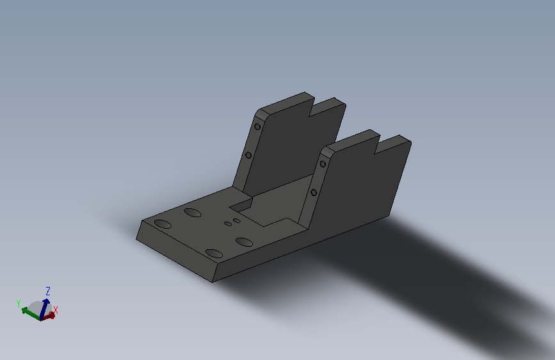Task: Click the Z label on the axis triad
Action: [48, 291]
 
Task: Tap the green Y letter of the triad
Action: [19, 303]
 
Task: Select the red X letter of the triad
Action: [56, 311]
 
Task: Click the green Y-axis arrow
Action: [31, 315]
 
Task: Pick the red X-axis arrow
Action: [48, 316]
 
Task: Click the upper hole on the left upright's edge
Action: [257, 126]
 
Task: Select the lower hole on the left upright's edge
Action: [248, 155]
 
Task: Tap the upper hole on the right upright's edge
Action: [323, 164]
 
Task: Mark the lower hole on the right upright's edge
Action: [314, 193]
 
